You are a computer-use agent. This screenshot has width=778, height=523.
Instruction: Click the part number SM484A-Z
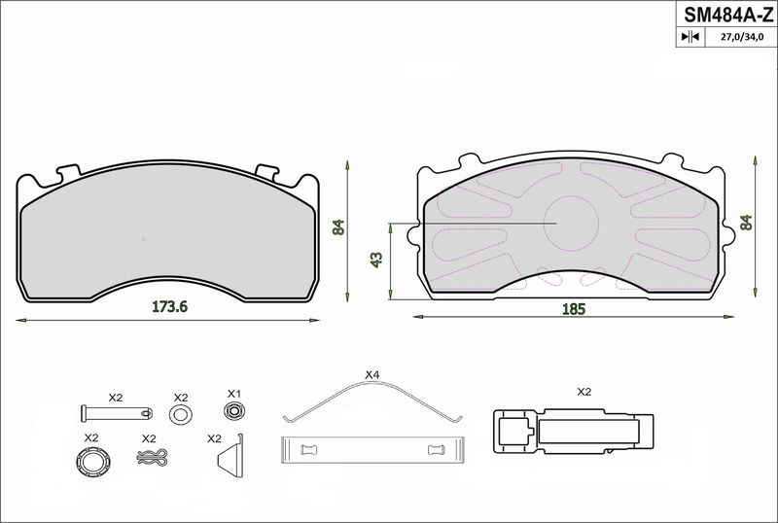pos(727,15)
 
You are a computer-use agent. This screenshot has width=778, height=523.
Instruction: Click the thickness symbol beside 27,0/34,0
pos(690,36)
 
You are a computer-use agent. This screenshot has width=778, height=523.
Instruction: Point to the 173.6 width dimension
pos(169,306)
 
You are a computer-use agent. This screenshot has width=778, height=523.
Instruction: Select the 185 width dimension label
pos(574,309)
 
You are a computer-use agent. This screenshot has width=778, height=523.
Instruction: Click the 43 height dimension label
pos(376,260)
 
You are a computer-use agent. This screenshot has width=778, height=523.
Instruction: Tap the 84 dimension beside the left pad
pos(337,227)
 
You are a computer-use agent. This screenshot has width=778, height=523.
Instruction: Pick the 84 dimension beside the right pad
pos(746,223)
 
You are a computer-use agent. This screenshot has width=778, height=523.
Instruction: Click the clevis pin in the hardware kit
pos(117,412)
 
